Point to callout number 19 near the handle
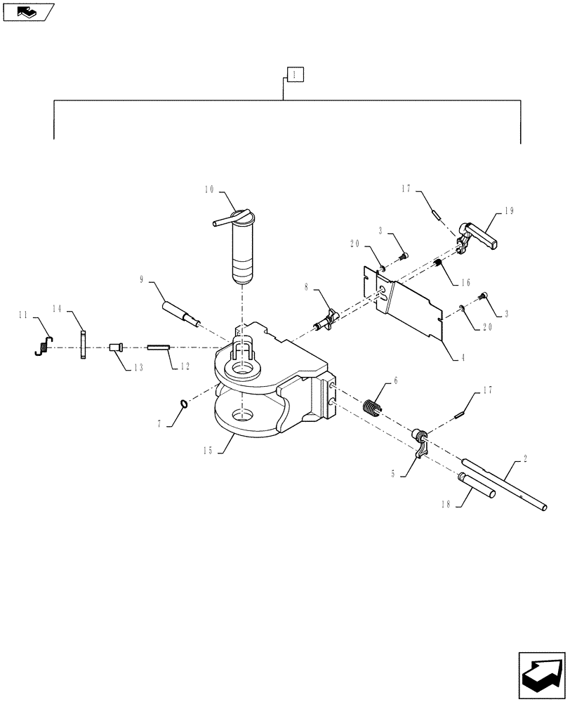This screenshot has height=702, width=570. tap(509, 210)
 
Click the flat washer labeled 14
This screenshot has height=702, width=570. tap(83, 345)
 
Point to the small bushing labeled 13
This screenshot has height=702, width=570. tap(116, 347)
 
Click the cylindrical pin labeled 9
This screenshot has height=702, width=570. tap(180, 313)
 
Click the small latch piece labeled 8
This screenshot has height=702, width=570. tap(327, 319)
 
